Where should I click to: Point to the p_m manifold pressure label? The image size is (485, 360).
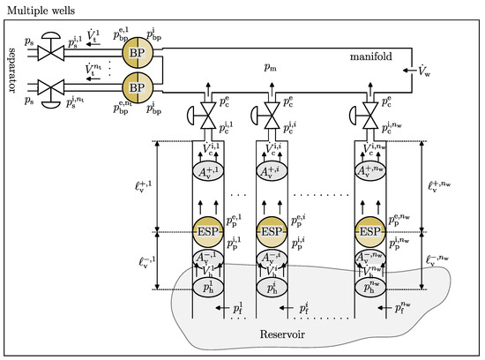pyautogui.click(x=270, y=67)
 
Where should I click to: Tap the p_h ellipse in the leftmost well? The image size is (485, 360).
pyautogui.click(x=205, y=286)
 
